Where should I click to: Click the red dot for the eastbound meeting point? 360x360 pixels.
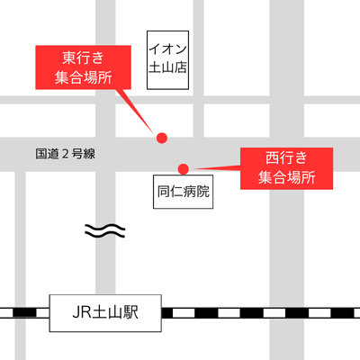pos(162,138)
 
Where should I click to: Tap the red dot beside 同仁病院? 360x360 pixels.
pos(184,169)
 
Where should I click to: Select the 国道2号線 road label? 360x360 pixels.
pos(66,154)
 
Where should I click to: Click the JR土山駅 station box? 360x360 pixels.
pos(105,313)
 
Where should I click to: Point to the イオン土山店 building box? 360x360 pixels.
pos(167,60)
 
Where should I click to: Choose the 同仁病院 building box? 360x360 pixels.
pos(184,192)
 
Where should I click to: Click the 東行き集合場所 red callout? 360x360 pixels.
pos(83,67)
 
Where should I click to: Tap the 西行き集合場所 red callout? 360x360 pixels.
pos(286,168)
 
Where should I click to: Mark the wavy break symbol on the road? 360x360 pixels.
pos(104,231)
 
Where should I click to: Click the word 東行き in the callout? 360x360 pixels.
pos(83,58)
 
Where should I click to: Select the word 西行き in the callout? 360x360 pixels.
pos(286,157)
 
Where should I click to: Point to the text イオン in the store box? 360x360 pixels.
pos(167,49)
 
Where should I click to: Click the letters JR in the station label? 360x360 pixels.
pos(82,312)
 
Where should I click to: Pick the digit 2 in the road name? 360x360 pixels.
pos(66,154)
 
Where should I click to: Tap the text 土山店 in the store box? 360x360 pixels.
pos(167,67)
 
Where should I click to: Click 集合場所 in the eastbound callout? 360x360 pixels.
pos(83,77)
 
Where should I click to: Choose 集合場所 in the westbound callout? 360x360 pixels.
pos(286,177)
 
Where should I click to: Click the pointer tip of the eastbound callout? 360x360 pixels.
pos(153,132)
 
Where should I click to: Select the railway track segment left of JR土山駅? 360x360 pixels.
pos(24,312)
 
